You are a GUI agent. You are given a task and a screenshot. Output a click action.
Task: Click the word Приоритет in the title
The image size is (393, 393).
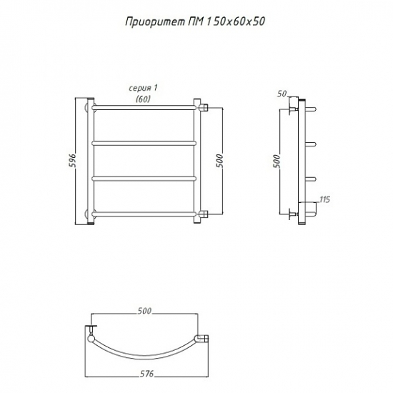155,22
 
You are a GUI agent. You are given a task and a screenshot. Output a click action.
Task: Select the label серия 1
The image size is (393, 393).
143,88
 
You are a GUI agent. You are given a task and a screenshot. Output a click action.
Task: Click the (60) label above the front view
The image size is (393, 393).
143,99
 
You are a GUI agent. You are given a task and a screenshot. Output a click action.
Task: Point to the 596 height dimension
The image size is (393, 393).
72,161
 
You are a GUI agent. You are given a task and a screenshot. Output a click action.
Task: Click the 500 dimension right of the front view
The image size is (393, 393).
219,161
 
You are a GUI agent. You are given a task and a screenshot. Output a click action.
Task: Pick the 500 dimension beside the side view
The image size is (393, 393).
277,161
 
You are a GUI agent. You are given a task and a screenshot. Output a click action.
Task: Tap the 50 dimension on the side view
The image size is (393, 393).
282,94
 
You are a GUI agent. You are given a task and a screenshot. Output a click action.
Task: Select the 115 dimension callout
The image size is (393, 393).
324,199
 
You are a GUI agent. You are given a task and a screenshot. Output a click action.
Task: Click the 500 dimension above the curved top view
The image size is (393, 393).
144,311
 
